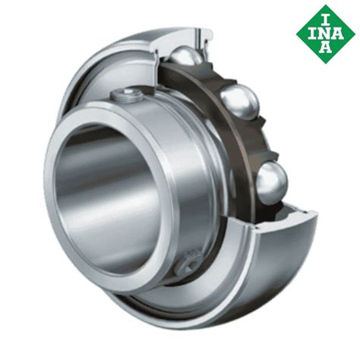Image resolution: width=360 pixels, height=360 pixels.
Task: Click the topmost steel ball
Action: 185,58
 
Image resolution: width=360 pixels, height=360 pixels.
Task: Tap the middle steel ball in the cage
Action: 239,102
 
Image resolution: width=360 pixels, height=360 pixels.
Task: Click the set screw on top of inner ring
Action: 127,96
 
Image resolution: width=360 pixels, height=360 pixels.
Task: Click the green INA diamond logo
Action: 326,34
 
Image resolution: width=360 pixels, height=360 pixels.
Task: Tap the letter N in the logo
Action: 326,35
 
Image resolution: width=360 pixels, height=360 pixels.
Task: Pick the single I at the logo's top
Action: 326,20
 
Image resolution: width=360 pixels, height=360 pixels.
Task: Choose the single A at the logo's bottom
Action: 325,48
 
